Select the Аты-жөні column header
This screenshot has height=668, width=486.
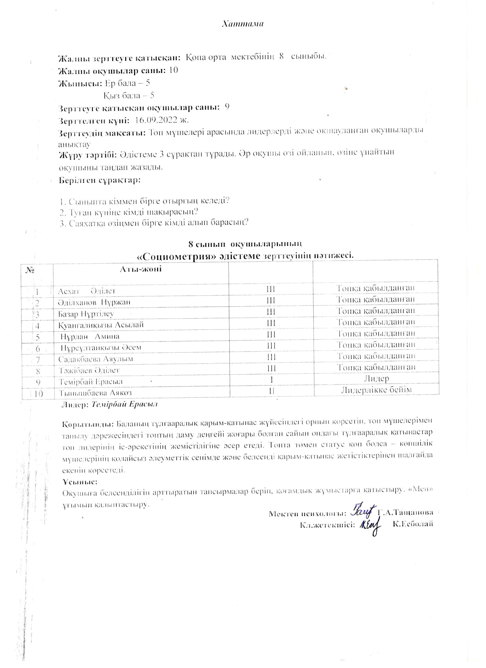[141, 269]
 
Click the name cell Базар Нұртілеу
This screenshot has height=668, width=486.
[86, 314]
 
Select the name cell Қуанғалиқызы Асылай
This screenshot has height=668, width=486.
[101, 325]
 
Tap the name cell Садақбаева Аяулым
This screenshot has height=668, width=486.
[95, 359]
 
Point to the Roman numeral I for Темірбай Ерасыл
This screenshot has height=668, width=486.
[271, 380]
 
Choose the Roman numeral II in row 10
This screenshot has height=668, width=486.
[271, 391]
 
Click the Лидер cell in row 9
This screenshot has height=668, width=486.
[376, 379]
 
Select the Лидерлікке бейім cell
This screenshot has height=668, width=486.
[376, 390]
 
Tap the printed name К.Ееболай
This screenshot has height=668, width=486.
[413, 524]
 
